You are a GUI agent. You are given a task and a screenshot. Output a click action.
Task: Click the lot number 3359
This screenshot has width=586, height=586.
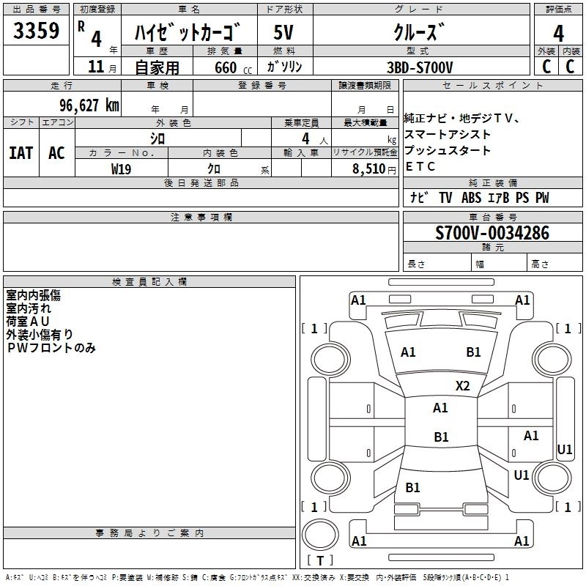[36, 31]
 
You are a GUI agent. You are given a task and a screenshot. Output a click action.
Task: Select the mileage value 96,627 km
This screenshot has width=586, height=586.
[89, 105]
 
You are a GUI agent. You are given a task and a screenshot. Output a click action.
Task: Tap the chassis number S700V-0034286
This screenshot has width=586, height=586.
[492, 233]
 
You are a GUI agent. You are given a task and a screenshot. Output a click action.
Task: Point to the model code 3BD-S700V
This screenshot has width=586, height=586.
[420, 67]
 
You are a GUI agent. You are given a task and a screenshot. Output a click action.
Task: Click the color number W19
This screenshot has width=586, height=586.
[121, 169]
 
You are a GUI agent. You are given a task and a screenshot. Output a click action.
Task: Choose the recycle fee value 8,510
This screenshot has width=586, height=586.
[369, 169]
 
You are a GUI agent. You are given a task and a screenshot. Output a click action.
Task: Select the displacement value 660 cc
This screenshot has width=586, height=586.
[233, 67]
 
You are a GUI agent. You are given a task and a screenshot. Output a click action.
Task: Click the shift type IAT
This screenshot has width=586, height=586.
[21, 153]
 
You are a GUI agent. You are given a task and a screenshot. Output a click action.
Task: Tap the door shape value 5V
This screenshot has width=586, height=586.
[283, 32]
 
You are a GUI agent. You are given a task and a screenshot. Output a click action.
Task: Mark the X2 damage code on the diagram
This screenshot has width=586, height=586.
[462, 386]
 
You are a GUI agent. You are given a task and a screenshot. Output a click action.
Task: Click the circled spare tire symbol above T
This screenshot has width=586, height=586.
[320, 535]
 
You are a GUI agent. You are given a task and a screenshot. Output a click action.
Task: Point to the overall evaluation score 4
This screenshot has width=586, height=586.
[558, 34]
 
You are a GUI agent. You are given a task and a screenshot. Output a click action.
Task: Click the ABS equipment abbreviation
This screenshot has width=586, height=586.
[471, 198]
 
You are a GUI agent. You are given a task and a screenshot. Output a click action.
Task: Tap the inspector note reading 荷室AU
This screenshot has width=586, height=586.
[28, 322]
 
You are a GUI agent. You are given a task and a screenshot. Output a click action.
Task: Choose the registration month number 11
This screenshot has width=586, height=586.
[96, 67]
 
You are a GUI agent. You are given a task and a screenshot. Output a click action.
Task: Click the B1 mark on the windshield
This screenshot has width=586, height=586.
[473, 352]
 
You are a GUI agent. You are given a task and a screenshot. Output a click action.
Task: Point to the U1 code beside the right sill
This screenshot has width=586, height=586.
[564, 449]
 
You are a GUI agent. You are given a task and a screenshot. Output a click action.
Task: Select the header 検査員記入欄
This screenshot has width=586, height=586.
[149, 282]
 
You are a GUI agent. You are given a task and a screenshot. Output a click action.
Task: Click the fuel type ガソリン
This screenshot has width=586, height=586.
[284, 67]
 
